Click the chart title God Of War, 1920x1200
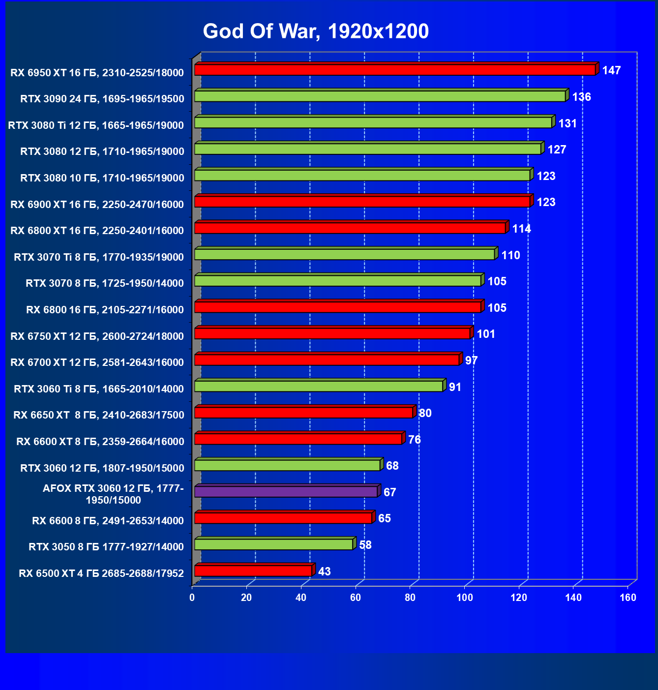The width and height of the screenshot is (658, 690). [316, 31]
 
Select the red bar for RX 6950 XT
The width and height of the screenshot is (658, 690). [395, 70]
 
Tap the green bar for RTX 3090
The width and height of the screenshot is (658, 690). [380, 96]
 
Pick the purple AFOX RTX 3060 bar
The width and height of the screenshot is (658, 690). [286, 492]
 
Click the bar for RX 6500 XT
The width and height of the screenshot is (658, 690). [253, 571]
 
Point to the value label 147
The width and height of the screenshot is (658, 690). [611, 71]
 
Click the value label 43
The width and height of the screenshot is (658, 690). [325, 571]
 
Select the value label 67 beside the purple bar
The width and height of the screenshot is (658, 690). [389, 492]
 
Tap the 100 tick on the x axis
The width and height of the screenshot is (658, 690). [465, 598]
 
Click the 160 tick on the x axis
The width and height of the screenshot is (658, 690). [628, 598]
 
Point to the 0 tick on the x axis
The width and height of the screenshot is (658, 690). [192, 598]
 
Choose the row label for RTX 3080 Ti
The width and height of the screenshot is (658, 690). [96, 125]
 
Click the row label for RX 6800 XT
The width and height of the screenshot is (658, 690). [97, 231]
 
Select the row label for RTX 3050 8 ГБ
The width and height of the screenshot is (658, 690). [106, 547]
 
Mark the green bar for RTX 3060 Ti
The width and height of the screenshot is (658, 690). [319, 387]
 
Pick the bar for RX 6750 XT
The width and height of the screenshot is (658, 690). [332, 334]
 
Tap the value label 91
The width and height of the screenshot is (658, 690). [455, 387]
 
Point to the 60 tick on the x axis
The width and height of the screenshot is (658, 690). [356, 598]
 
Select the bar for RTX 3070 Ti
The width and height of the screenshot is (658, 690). [344, 255]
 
